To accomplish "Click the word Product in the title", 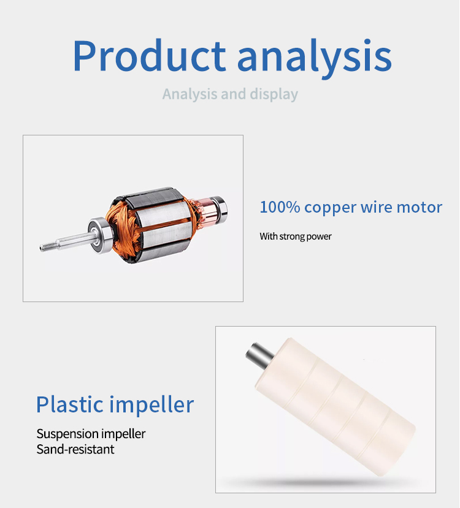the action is [149, 55].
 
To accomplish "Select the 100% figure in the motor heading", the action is [280, 207].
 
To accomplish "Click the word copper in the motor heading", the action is [331, 208].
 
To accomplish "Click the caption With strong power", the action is [296, 237].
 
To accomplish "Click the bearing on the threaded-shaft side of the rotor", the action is [100, 235].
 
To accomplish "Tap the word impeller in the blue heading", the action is [151, 405].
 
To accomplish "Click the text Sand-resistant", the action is [75, 449].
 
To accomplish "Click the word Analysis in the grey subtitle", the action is [190, 94].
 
